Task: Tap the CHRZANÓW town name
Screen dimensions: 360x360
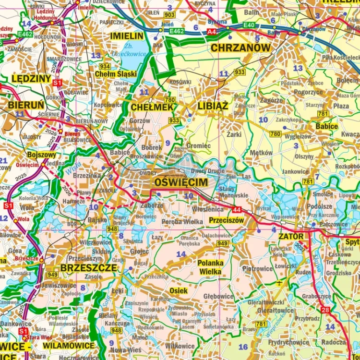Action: click(241, 48)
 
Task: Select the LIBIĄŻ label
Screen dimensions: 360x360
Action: click(213, 107)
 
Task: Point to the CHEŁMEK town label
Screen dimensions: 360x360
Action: click(152, 108)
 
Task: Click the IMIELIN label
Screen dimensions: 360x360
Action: click(127, 36)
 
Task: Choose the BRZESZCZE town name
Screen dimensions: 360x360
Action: click(88, 268)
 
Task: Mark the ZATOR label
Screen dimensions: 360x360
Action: click(291, 237)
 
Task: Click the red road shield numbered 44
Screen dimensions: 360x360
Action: click(236, 210)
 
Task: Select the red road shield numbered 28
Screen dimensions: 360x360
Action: click(326, 311)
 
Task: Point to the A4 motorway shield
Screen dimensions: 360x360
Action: click(212, 31)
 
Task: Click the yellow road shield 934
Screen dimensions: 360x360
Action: click(105, 66)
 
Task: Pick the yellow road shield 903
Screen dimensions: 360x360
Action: click(168, 15)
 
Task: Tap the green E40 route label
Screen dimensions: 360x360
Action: click(249, 25)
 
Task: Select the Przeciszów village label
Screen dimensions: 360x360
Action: click(227, 220)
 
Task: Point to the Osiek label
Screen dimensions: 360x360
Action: click(179, 291)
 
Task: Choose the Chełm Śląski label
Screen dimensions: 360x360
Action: click(115, 74)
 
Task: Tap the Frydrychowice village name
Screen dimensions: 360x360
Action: click(289, 342)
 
